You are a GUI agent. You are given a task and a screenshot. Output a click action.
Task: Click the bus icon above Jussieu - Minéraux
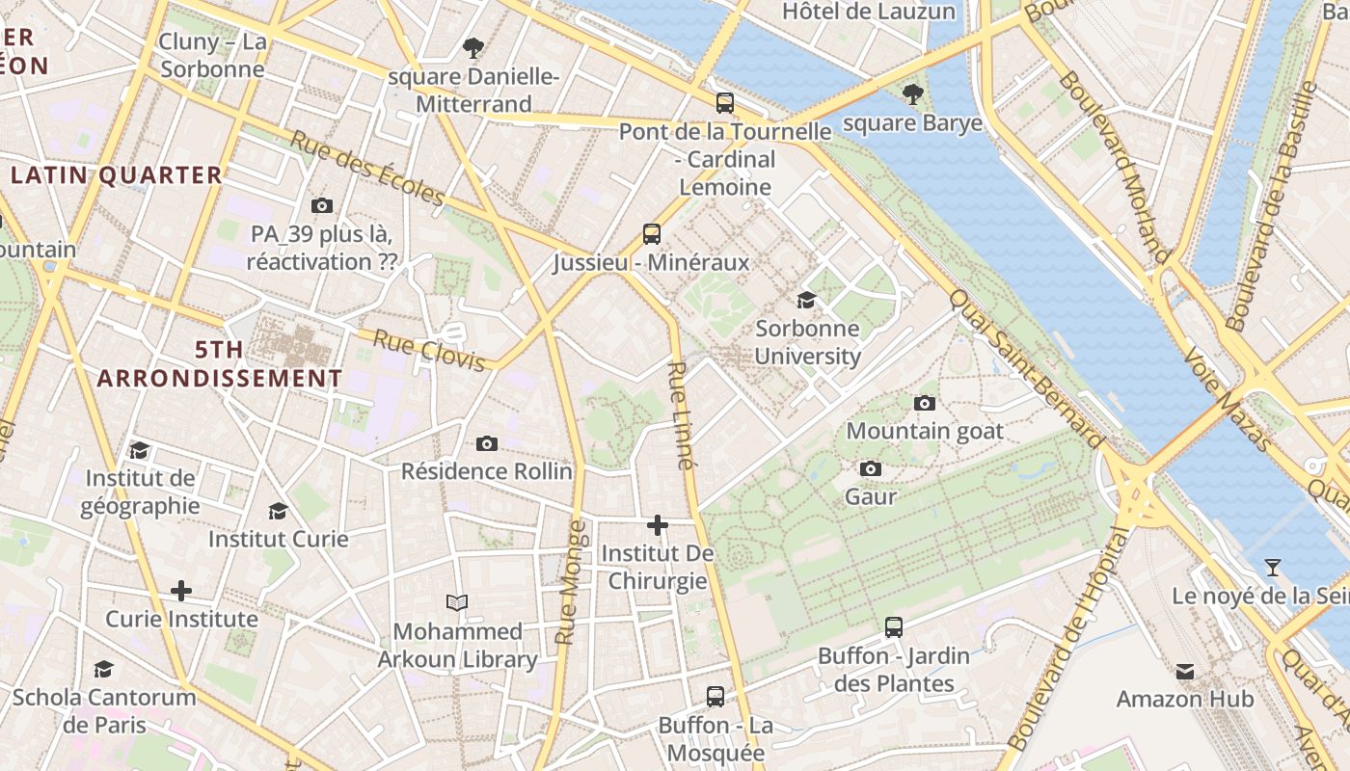[x=652, y=233]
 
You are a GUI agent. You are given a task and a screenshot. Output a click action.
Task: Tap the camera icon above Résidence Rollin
[x=487, y=443]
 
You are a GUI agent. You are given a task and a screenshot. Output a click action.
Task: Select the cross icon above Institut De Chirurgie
[x=658, y=525]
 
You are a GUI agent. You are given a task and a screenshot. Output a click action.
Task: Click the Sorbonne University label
[x=807, y=342]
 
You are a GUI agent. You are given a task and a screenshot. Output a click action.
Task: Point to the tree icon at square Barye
[x=912, y=94]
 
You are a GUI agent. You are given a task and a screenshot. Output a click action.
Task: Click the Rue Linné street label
[x=681, y=415]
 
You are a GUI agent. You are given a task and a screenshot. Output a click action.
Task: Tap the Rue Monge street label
[x=570, y=582]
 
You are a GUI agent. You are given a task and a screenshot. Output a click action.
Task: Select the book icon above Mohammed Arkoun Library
[x=457, y=603]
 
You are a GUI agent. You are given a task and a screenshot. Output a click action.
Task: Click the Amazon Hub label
[x=1185, y=699]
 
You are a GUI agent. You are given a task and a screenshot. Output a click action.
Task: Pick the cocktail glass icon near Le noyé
[x=1273, y=568]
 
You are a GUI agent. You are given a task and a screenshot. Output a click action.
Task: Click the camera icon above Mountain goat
[x=925, y=403]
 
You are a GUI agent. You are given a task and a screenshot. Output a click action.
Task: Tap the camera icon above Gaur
[x=871, y=468]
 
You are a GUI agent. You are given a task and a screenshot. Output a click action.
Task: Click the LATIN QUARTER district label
[x=117, y=175]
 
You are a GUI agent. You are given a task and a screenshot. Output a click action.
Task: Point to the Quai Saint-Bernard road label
[x=1026, y=368]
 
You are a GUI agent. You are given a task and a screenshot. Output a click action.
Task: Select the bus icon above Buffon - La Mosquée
[x=715, y=696]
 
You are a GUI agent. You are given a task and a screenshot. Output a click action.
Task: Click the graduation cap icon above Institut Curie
[x=279, y=511]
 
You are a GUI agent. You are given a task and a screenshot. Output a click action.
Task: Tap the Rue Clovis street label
[x=428, y=351]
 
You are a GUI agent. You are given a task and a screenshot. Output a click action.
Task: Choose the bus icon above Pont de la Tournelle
[x=725, y=102]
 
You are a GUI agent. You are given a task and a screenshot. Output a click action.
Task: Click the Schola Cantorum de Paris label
[x=104, y=710]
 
